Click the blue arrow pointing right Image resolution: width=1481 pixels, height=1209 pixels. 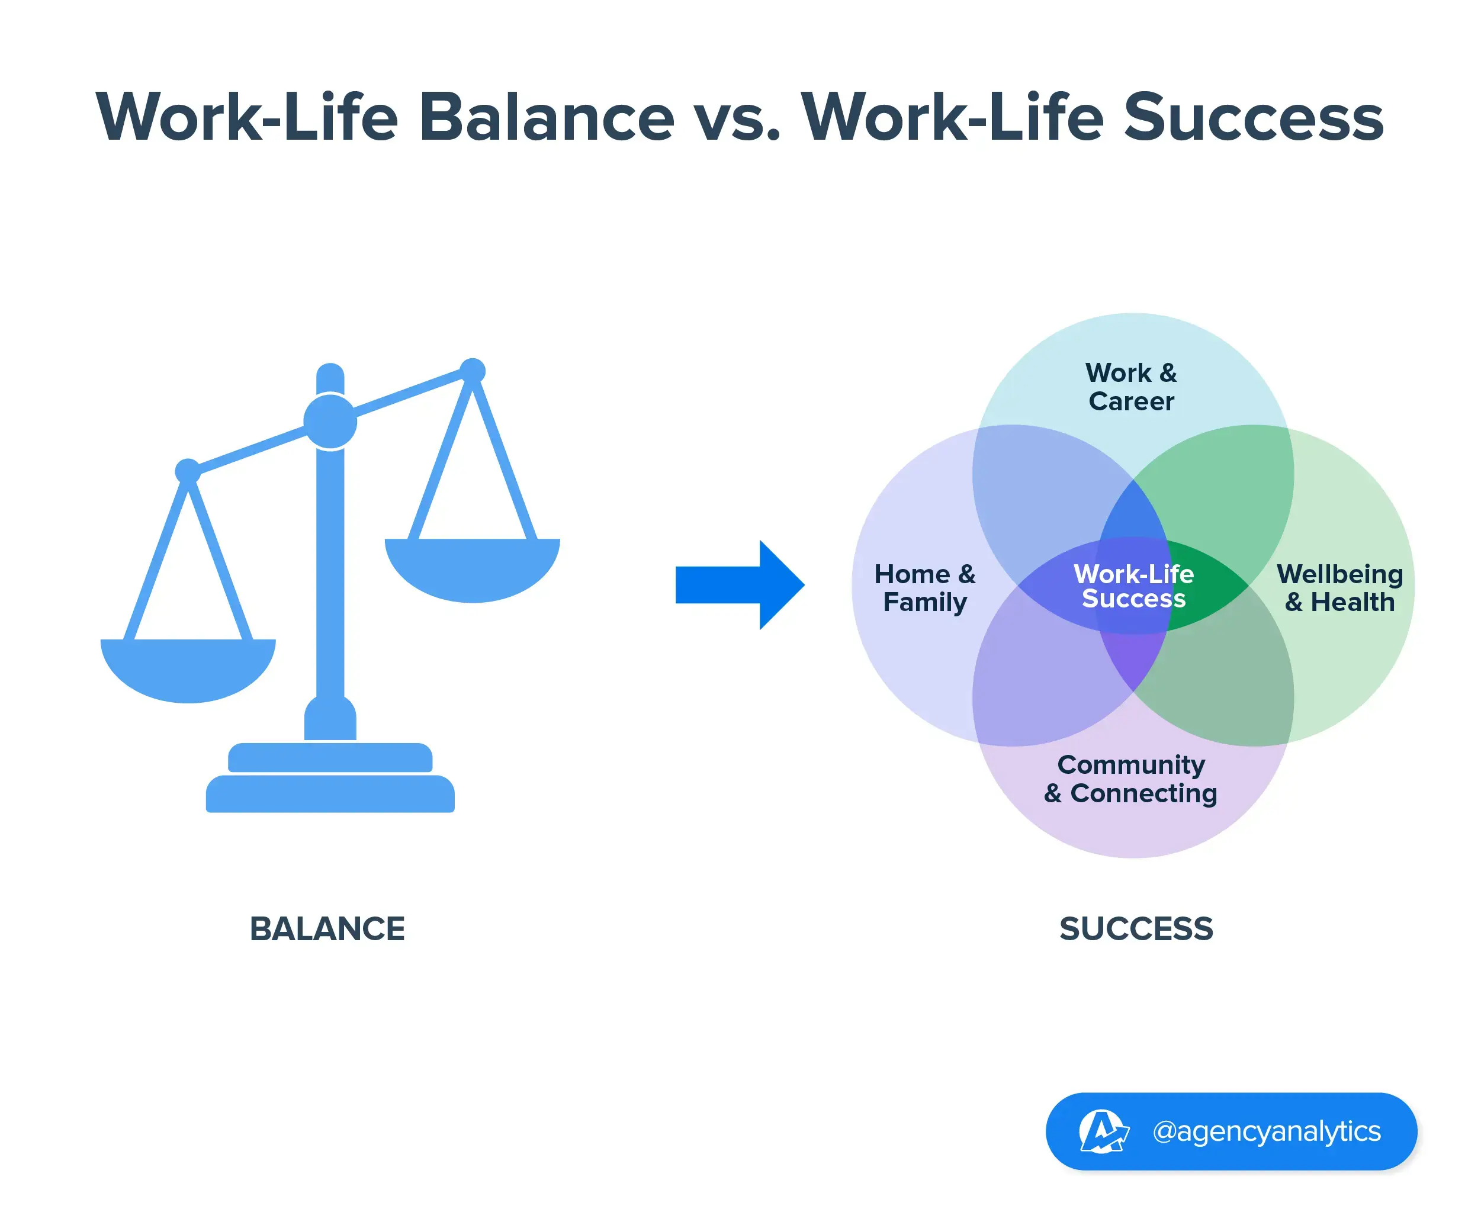coord(738,585)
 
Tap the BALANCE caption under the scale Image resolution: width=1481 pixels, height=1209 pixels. coord(327,929)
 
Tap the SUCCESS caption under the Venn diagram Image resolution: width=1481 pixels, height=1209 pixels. coord(1136,929)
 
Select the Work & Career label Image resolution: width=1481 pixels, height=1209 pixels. coord(1131,387)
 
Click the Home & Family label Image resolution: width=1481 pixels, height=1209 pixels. coord(924,588)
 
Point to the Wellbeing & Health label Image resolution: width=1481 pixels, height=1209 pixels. coord(1339,588)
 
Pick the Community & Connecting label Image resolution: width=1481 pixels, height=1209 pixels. coord(1130,779)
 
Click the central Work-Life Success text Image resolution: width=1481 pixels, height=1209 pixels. coord(1133,586)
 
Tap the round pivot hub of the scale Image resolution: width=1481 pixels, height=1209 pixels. coord(330,422)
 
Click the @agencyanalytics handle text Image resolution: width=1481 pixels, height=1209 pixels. coord(1267,1131)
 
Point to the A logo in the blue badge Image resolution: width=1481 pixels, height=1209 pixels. coord(1102,1131)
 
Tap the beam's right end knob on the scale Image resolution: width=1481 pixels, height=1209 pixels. coord(473,371)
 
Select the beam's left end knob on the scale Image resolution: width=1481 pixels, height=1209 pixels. coord(187,471)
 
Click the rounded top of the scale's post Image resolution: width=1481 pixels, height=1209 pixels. coord(330,374)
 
